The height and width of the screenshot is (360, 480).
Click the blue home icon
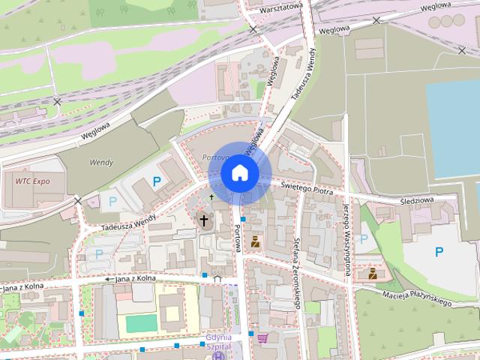click(x=239, y=172)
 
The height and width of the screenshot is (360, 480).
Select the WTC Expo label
click(x=33, y=181)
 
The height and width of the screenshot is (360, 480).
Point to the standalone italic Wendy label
click(x=101, y=161)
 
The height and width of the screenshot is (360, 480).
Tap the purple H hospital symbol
click(x=218, y=355)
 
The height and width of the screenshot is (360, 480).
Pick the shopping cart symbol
click(x=262, y=338)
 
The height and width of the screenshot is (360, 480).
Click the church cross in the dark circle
click(x=203, y=220)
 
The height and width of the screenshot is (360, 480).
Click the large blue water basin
click(x=453, y=127)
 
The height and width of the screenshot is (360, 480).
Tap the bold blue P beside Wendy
click(x=156, y=181)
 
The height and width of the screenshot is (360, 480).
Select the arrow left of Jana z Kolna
click(x=108, y=280)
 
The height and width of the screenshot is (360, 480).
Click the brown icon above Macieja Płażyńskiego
click(x=371, y=274)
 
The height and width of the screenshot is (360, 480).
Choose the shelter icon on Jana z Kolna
click(x=217, y=277)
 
